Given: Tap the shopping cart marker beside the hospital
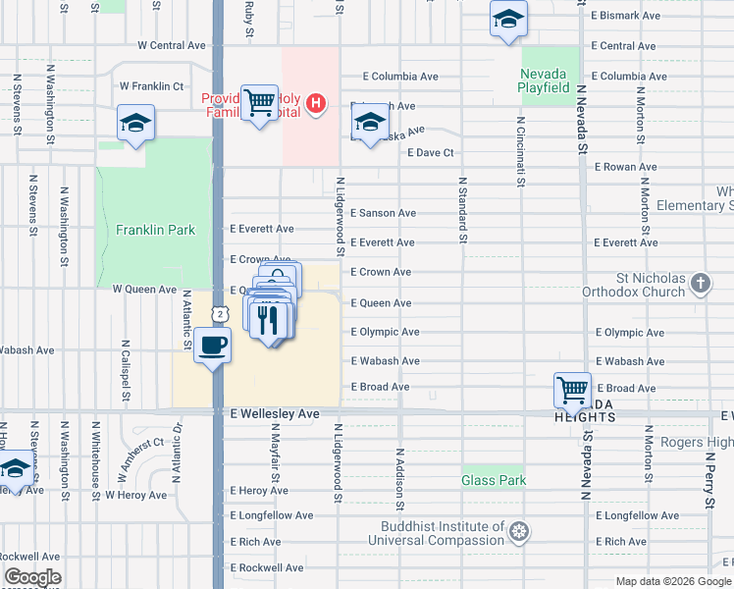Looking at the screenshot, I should pyautogui.click(x=259, y=101).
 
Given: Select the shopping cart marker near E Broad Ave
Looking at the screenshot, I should pyautogui.click(x=572, y=388).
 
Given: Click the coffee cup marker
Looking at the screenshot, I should pyautogui.click(x=212, y=345).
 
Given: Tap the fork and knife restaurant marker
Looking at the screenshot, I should pyautogui.click(x=268, y=319).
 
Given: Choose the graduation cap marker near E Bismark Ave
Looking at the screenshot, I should pyautogui.click(x=507, y=20).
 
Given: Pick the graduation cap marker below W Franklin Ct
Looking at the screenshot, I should pyautogui.click(x=135, y=124).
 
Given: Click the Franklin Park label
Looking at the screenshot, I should pyautogui.click(x=155, y=230).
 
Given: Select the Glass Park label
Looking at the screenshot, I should pyautogui.click(x=494, y=480).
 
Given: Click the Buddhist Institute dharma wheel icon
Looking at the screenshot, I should pyautogui.click(x=519, y=533).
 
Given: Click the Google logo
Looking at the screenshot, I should pyautogui.click(x=32, y=577).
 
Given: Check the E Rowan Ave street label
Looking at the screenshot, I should pyautogui.click(x=626, y=167).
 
